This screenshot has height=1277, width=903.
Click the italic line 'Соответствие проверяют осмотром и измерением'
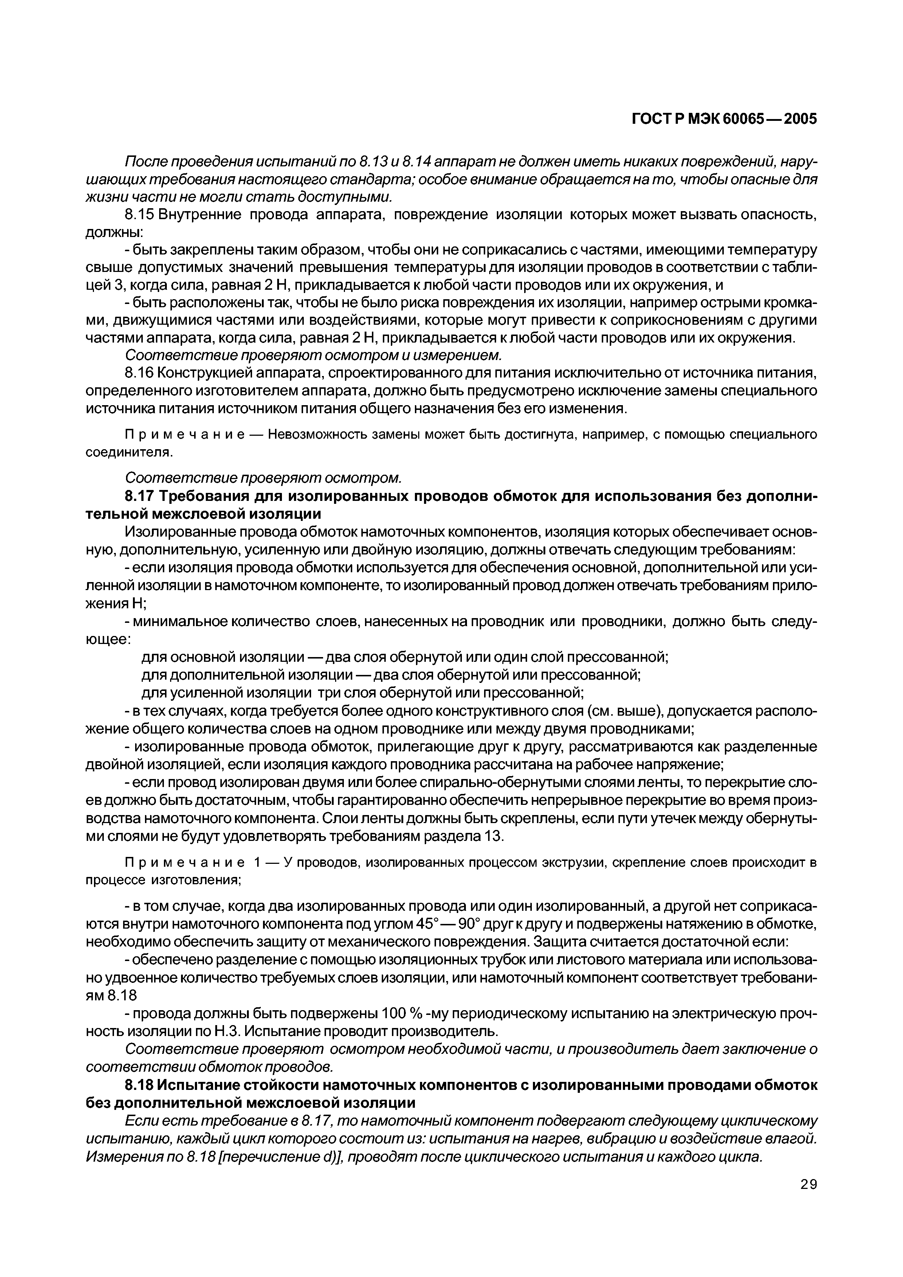[313, 354]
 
